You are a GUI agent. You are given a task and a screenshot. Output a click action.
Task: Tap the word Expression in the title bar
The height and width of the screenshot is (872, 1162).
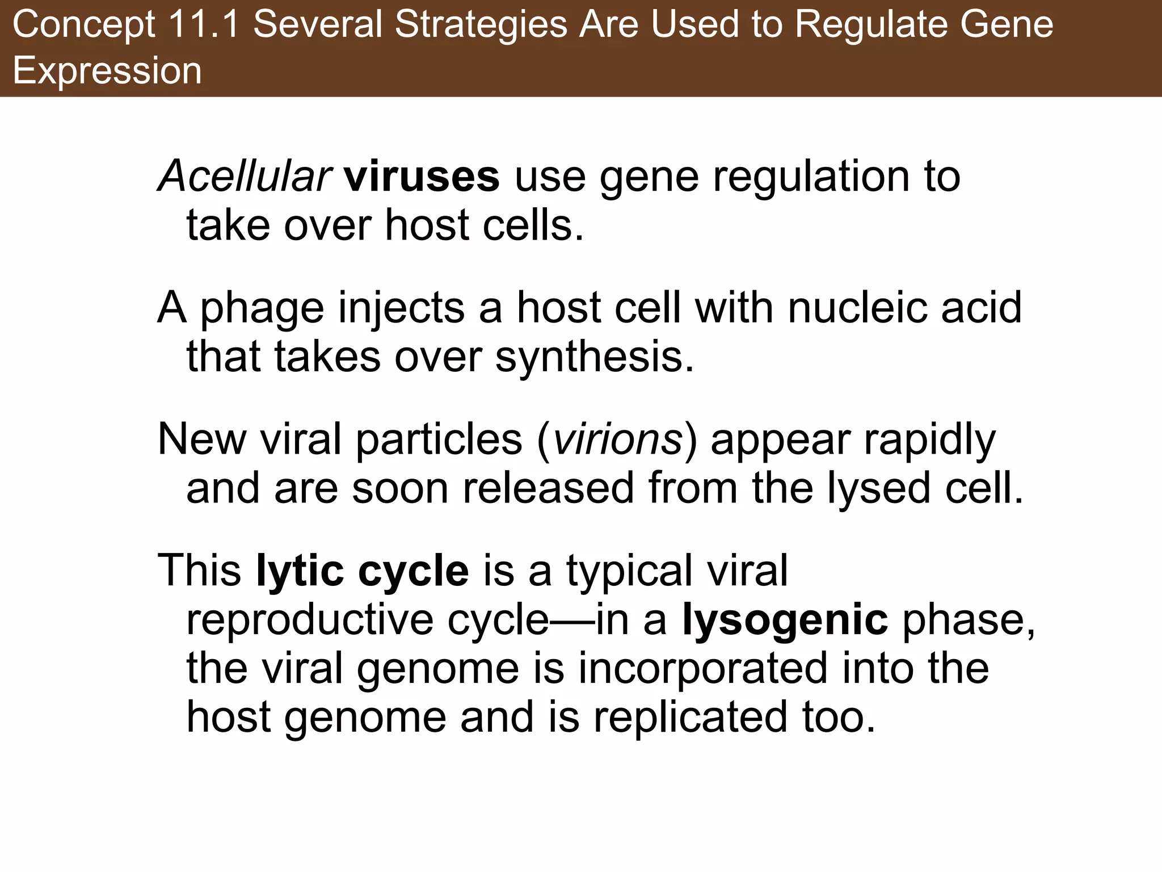(107, 71)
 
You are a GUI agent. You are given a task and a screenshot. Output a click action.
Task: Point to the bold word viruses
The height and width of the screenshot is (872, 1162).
(422, 177)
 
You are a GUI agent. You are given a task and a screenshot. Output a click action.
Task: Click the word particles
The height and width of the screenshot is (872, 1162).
(439, 440)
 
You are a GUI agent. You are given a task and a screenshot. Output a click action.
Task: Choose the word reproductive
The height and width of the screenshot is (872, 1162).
(310, 621)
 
